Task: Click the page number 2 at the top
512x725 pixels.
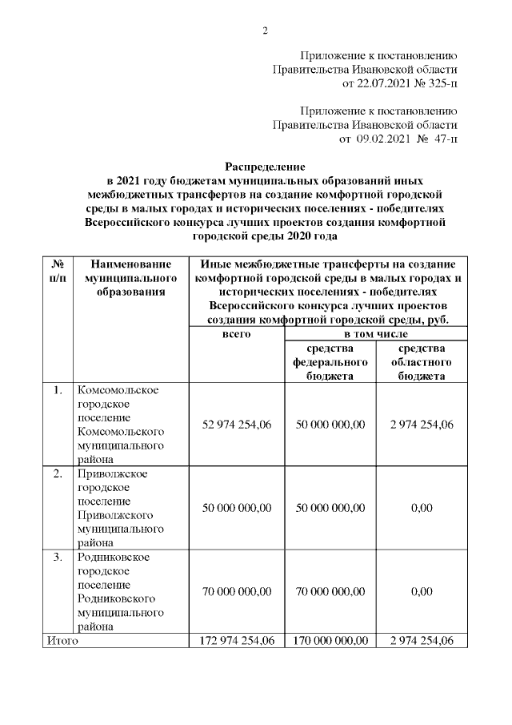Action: click(x=265, y=31)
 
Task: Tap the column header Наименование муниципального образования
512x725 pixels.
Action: click(x=131, y=277)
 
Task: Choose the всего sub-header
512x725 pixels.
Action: click(x=237, y=334)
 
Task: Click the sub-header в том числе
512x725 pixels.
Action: click(x=376, y=334)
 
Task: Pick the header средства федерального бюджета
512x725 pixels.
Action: click(x=330, y=362)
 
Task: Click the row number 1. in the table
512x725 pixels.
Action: click(x=58, y=390)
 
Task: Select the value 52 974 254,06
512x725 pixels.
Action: click(x=237, y=425)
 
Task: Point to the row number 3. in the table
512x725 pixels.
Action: click(x=58, y=557)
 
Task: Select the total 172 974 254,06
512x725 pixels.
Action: click(x=237, y=641)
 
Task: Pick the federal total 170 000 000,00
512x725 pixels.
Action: click(x=330, y=641)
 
